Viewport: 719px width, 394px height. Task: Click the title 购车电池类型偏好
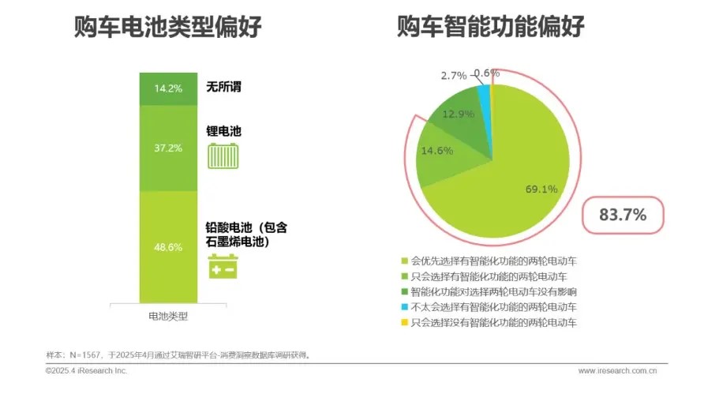pyautogui.click(x=168, y=28)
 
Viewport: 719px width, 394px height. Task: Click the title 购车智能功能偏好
pyautogui.click(x=490, y=28)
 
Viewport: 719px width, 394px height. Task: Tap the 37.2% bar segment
pyautogui.click(x=168, y=148)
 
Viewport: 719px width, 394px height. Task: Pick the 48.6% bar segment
pyautogui.click(x=168, y=247)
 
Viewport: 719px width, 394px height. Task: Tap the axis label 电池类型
pyautogui.click(x=168, y=316)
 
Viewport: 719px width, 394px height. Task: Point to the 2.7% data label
pyautogui.click(x=454, y=76)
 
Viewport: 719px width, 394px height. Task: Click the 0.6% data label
pyautogui.click(x=487, y=73)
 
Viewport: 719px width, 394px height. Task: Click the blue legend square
pyautogui.click(x=405, y=307)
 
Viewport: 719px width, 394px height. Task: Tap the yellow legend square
pyautogui.click(x=405, y=323)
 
